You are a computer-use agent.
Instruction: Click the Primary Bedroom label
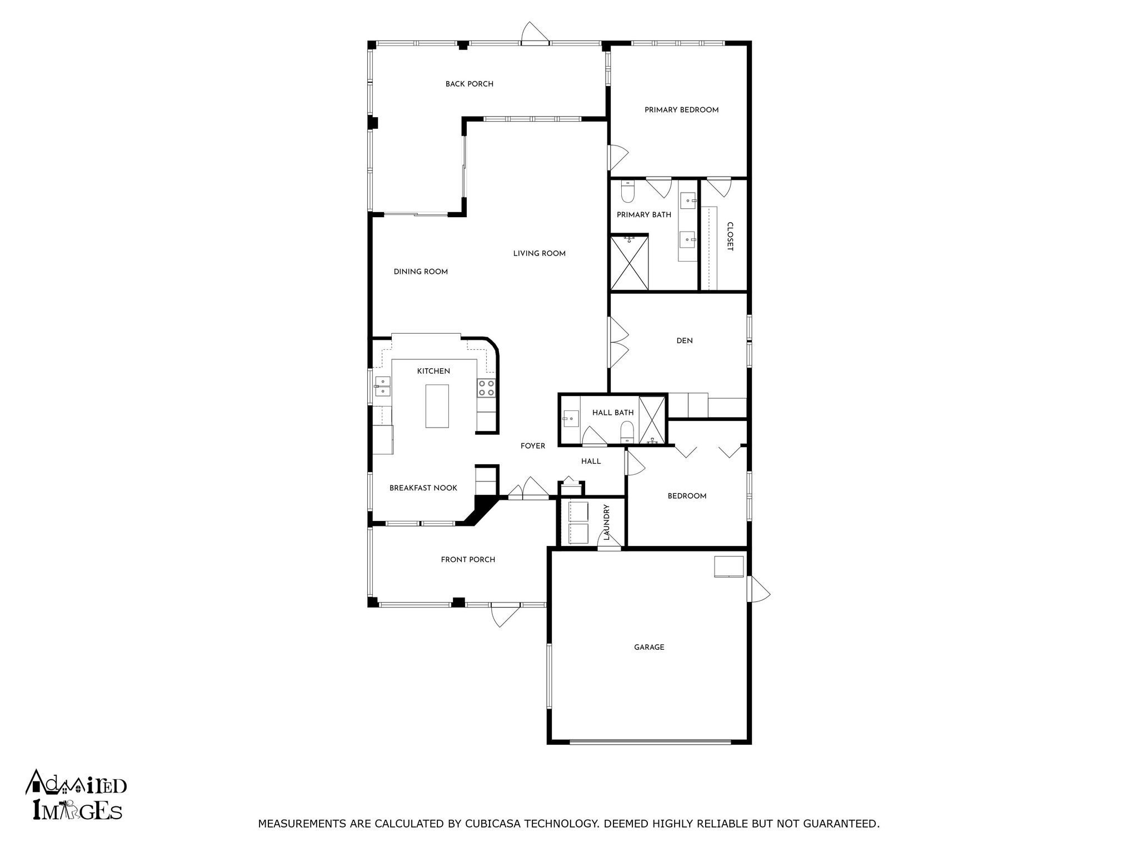pyautogui.click(x=681, y=110)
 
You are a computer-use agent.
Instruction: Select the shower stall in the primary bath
pyautogui.click(x=630, y=263)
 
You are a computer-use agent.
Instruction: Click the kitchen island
pyautogui.click(x=437, y=405)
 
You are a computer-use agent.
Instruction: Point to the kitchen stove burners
pyautogui.click(x=486, y=388)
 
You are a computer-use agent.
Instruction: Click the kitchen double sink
pyautogui.click(x=383, y=386)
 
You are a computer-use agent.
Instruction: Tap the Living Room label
pyautogui.click(x=539, y=254)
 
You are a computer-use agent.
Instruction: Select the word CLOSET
pyautogui.click(x=730, y=237)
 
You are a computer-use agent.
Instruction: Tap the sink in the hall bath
pyautogui.click(x=570, y=418)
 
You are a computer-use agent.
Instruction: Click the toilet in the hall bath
pyautogui.click(x=627, y=431)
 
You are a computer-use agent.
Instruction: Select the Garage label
pyautogui.click(x=649, y=647)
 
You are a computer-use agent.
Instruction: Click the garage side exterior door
pyautogui.click(x=758, y=589)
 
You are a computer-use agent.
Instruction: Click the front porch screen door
pyautogui.click(x=505, y=614)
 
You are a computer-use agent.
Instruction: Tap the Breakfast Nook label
pyautogui.click(x=423, y=488)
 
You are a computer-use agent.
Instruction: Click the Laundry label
pyautogui.click(x=607, y=522)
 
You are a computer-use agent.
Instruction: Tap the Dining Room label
pyautogui.click(x=421, y=272)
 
